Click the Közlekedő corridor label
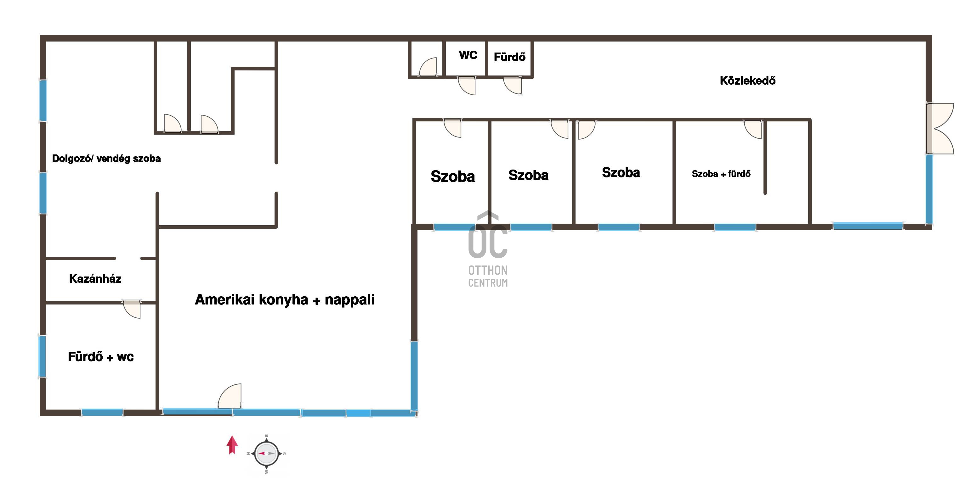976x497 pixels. click(x=747, y=81)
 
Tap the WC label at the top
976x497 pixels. click(x=468, y=55)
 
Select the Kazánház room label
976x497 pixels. click(x=95, y=279)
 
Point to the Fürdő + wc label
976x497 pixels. click(x=101, y=357)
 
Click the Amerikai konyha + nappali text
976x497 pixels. click(x=285, y=300)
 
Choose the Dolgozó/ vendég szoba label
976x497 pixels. click(x=106, y=159)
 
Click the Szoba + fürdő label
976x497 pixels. click(x=721, y=174)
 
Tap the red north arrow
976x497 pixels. click(x=232, y=445)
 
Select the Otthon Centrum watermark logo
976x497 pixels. click(x=488, y=250)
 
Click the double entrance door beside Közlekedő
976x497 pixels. click(x=940, y=129)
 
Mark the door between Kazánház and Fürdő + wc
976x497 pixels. click(x=132, y=309)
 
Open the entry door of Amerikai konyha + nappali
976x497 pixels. click(x=230, y=396)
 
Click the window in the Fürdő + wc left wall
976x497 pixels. click(x=43, y=357)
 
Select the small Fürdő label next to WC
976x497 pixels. click(x=510, y=57)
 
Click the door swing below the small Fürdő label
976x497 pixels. click(x=513, y=86)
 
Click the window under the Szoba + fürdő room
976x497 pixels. click(x=735, y=227)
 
